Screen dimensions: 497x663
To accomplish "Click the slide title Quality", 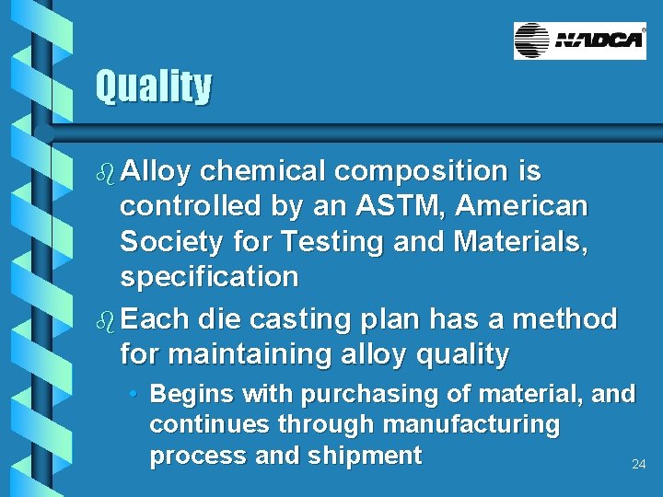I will pos(153,87).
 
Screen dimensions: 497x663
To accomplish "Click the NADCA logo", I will pos(579,40).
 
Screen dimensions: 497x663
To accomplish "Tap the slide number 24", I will pos(638,465).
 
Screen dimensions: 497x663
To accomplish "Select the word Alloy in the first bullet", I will pos(156,172).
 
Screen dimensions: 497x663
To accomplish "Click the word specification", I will pos(209,276).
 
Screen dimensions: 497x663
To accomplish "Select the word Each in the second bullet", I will pos(155,320).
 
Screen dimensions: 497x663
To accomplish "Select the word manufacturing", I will pos(471,425).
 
